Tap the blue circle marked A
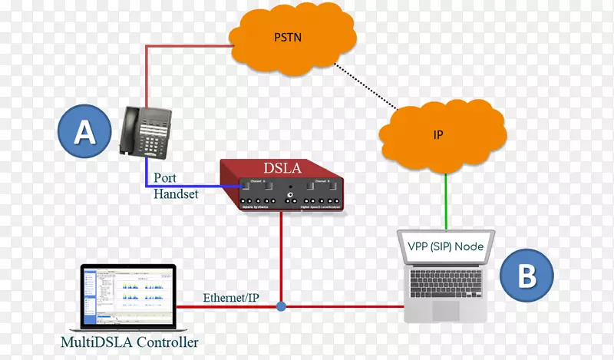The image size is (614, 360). coord(84,131)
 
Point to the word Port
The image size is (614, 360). coord(166,178)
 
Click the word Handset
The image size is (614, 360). coord(176,194)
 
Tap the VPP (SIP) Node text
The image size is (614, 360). coord(446,246)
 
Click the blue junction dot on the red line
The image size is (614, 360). coord(282,306)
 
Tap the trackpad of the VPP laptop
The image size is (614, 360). coord(446,311)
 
